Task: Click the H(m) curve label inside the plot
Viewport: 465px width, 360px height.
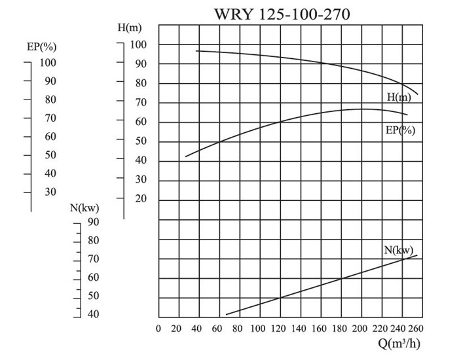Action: point(400,97)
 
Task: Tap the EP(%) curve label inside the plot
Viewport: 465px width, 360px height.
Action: point(401,130)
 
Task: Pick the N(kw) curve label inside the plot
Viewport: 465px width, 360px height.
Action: point(399,250)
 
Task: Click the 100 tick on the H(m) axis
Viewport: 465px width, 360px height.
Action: point(138,45)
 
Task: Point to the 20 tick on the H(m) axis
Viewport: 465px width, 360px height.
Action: point(140,199)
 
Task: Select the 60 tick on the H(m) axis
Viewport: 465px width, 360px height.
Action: point(140,122)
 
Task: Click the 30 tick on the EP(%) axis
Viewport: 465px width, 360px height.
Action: point(50,192)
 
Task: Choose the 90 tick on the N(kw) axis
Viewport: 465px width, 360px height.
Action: point(94,222)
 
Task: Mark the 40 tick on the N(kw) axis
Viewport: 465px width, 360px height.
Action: point(94,314)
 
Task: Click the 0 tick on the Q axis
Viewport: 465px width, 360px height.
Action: point(158,329)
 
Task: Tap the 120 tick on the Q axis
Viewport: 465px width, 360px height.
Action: point(279,329)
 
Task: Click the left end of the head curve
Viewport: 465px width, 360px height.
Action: point(196,50)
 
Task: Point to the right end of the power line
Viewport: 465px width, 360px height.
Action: point(417,255)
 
